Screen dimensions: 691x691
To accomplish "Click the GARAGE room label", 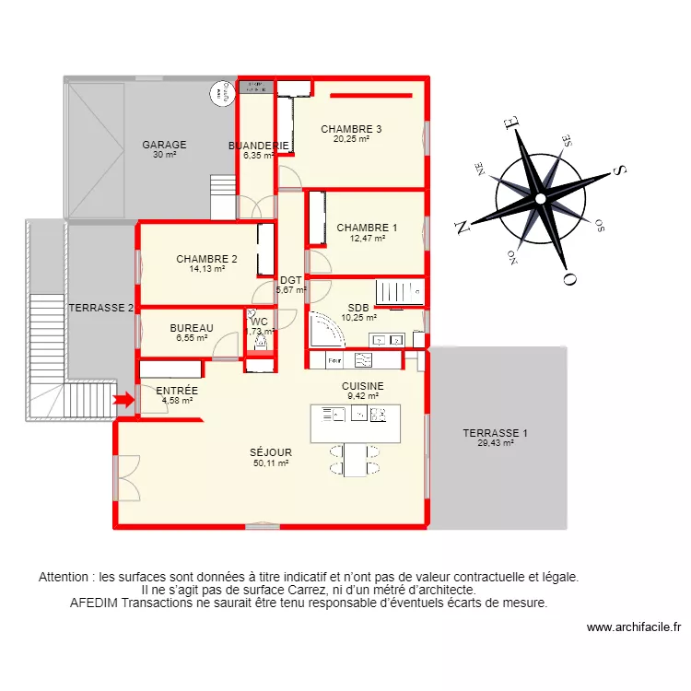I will coord(164,145).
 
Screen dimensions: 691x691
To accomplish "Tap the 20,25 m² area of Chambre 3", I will coord(351,139).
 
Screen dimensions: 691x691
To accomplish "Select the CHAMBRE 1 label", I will coord(367,228).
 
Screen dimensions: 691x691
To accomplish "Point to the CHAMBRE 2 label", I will coord(207,259).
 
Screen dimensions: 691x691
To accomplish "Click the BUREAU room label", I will coord(192,328).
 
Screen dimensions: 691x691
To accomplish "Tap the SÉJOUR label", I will coord(271,452).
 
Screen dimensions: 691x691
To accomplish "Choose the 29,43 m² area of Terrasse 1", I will coord(496,443).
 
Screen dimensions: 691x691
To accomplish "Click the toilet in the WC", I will coord(260,342).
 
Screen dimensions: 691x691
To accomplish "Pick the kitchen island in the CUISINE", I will coord(356,423).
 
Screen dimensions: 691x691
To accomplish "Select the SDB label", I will coord(358,309).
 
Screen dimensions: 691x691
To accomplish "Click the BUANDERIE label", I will coord(258,146).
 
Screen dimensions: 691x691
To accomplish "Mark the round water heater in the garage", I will coord(219,92).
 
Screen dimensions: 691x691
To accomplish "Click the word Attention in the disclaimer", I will coord(66,578).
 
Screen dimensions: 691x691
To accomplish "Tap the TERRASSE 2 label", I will coord(102,308).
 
